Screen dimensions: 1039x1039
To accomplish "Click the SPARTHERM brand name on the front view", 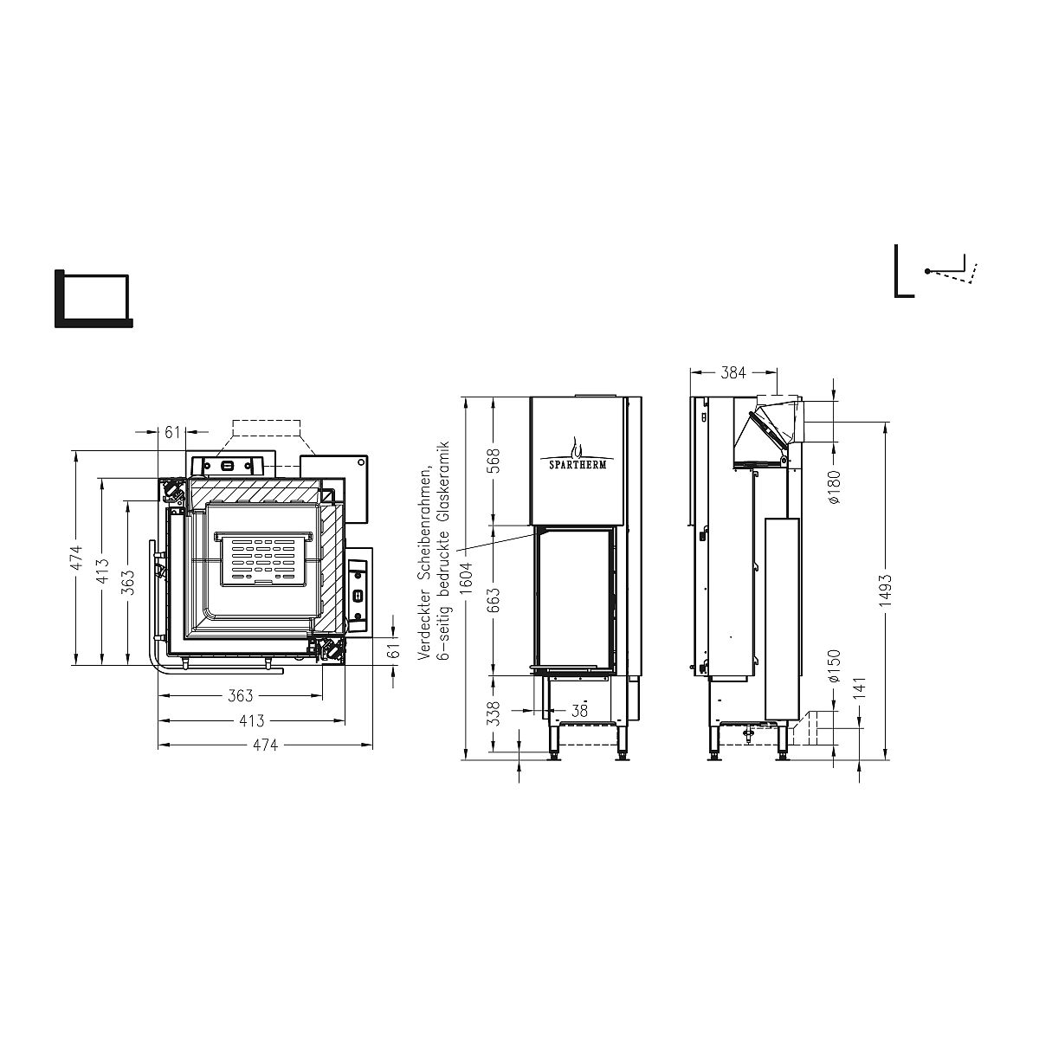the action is click(573, 465).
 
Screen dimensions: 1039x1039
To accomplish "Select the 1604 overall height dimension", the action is click(466, 578).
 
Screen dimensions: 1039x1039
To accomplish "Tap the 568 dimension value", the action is click(494, 461).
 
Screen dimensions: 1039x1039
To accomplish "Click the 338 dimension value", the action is click(494, 713).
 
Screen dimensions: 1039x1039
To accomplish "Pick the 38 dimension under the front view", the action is click(579, 711).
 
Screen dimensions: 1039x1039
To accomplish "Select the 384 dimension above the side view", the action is click(733, 372).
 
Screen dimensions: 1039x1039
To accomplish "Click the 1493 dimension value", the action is click(886, 590).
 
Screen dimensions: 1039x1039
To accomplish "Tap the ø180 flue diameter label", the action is click(834, 487).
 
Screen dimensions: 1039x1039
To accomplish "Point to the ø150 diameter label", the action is click(834, 667).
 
